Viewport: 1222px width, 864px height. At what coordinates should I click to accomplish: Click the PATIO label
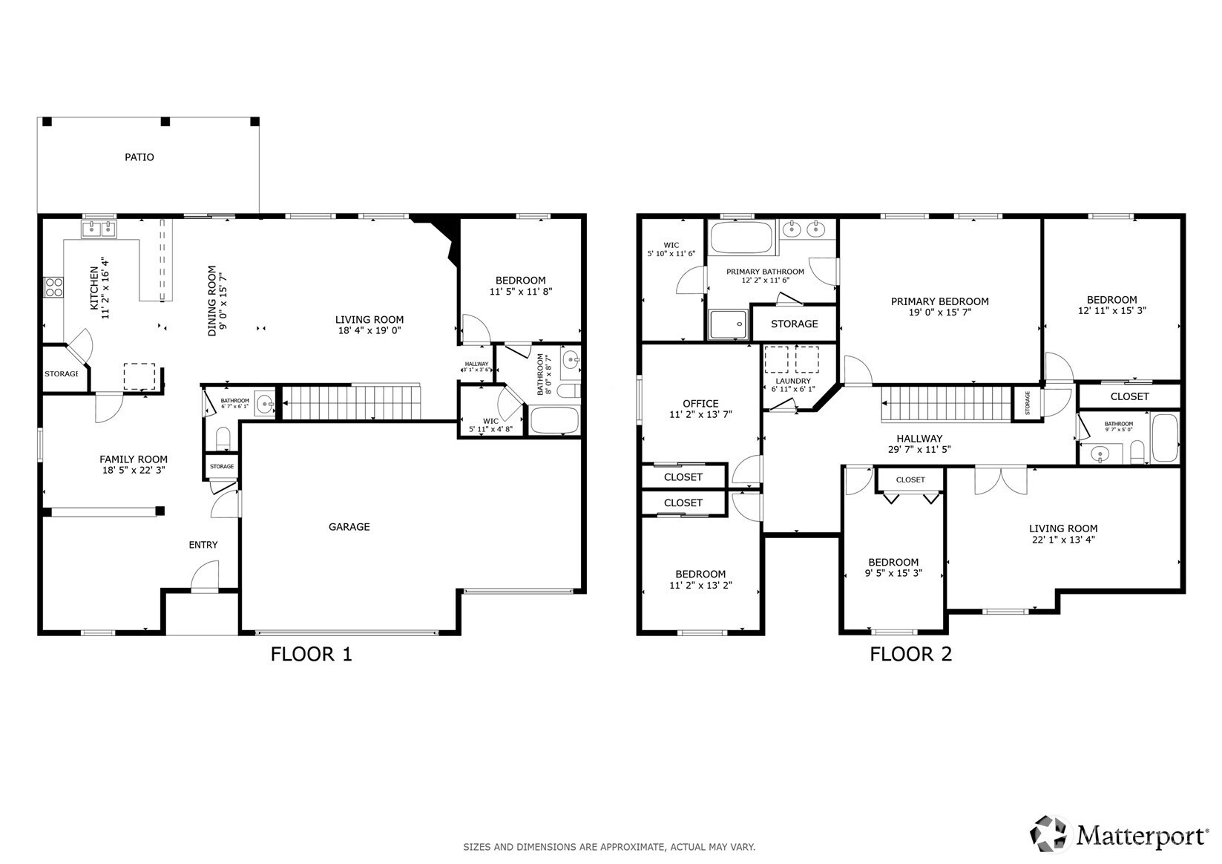tap(139, 157)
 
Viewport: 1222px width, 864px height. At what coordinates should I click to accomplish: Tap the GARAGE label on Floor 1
tap(349, 527)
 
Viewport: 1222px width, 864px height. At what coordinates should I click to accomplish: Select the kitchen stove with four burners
tap(53, 287)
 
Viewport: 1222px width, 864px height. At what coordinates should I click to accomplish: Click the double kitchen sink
tap(99, 229)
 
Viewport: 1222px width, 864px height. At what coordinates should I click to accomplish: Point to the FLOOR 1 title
tap(312, 654)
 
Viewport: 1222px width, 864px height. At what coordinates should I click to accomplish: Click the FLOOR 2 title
tap(910, 654)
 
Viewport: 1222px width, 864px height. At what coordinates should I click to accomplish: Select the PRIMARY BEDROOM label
tap(939, 301)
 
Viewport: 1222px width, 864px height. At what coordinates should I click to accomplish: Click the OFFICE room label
tap(700, 403)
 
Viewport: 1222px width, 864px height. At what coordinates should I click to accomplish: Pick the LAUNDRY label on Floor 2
tap(793, 381)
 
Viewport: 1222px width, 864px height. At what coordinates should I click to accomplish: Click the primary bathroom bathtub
tap(742, 237)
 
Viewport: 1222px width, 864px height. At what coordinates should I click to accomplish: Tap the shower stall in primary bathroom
tap(729, 324)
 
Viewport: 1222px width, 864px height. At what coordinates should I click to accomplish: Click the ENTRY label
tap(203, 545)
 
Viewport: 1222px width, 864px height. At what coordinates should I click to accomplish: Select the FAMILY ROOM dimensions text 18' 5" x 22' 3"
tap(134, 470)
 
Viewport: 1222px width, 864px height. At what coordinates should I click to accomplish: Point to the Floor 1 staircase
tap(352, 402)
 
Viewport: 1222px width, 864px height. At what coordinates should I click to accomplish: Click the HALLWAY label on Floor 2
tap(919, 438)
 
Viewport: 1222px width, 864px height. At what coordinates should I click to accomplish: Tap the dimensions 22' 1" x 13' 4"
tap(1063, 539)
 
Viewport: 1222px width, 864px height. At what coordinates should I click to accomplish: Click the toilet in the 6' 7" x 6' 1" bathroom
tap(223, 438)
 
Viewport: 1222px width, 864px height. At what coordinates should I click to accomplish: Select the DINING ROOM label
tap(212, 301)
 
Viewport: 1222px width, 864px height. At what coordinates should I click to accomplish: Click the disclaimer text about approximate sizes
tap(609, 847)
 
